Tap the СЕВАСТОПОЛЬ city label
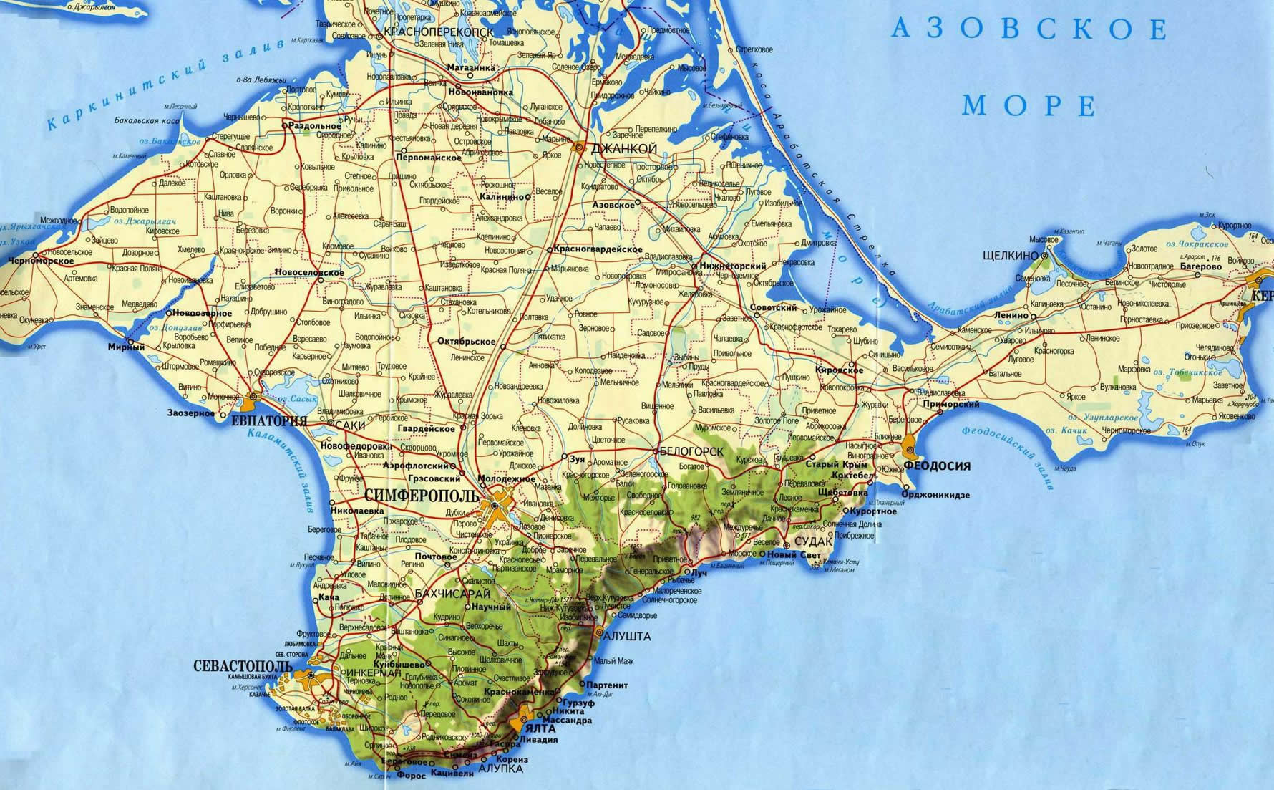click(x=243, y=666)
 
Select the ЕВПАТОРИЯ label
click(x=269, y=421)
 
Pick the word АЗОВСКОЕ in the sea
click(x=1029, y=30)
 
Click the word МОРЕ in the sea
click(x=1029, y=106)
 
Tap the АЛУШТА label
click(x=628, y=636)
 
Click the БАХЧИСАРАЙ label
click(x=452, y=594)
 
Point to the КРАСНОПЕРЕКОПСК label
click(x=439, y=32)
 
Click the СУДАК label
click(x=813, y=541)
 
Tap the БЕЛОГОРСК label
click(x=691, y=451)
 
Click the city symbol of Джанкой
click(x=578, y=146)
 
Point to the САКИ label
click(x=350, y=425)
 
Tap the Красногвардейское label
click(x=598, y=249)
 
